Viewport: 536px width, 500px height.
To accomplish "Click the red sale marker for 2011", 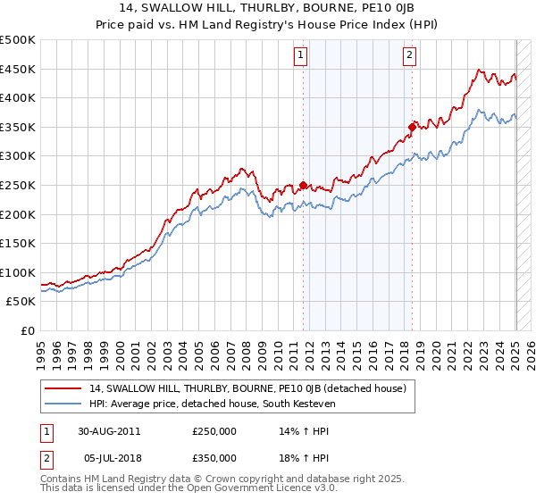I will (304, 186).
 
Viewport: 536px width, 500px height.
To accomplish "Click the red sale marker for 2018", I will (412, 128).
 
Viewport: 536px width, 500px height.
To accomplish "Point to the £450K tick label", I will (18, 69).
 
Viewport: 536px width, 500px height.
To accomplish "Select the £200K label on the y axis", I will (18, 214).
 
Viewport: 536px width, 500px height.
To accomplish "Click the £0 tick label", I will (28, 330).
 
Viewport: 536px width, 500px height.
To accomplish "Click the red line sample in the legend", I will (64, 388).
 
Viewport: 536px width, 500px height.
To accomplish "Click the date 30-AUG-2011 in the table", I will (109, 430).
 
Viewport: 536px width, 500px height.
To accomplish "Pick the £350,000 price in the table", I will (214, 457).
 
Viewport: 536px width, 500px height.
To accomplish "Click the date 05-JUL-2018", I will (108, 457).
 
